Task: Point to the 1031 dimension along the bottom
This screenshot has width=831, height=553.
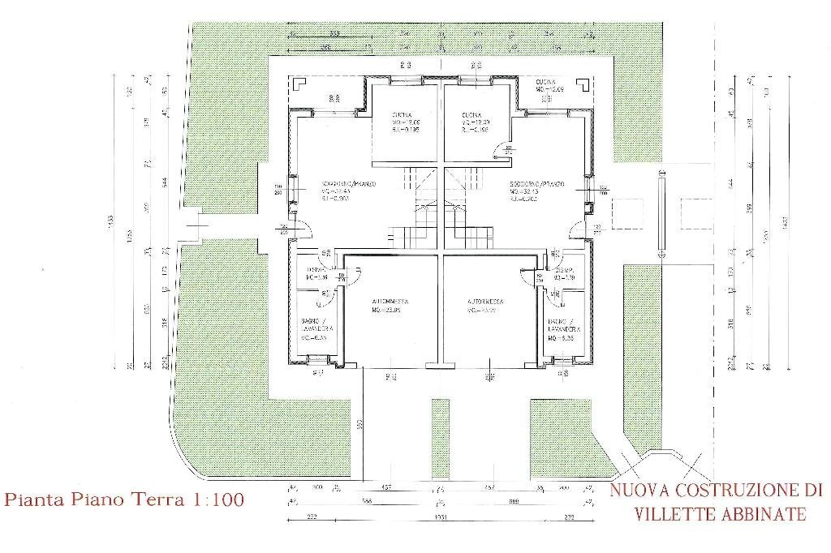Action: [438, 517]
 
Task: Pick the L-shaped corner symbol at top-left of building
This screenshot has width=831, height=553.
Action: [298, 83]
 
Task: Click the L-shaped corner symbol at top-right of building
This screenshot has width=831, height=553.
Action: [581, 83]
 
